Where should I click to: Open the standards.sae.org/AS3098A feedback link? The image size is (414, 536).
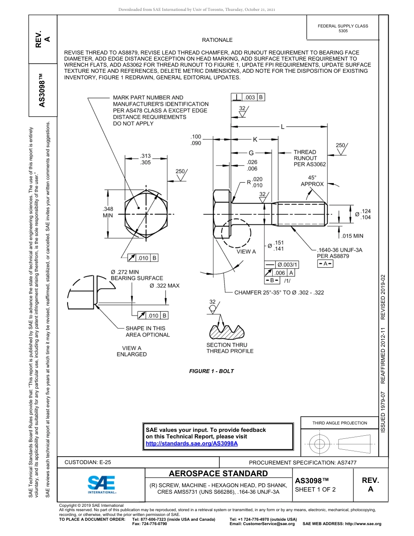pyautogui.click(x=191, y=443)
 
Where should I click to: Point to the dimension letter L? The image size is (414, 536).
pyautogui.click(x=282, y=127)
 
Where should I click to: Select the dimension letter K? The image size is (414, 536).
pyautogui.click(x=255, y=139)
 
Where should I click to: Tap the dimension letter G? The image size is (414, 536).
pyautogui.click(x=251, y=153)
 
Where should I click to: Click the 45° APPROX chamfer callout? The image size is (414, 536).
pyautogui.click(x=312, y=181)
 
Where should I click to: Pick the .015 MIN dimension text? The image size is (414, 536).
pyautogui.click(x=352, y=236)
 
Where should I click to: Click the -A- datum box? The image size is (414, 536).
pyautogui.click(x=325, y=264)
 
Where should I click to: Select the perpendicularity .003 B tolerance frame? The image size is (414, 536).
pyautogui.click(x=248, y=98)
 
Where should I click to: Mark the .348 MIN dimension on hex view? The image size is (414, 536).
pyautogui.click(x=108, y=212)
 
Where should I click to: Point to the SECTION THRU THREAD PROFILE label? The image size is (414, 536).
pyautogui.click(x=230, y=348)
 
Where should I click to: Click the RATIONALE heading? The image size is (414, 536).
pyautogui.click(x=217, y=40)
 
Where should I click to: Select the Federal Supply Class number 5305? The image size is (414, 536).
pyautogui.click(x=343, y=31)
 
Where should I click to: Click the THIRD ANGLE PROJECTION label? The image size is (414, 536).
pyautogui.click(x=339, y=423)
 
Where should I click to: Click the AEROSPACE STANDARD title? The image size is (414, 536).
pyautogui.click(x=218, y=474)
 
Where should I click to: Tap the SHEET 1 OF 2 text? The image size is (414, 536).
pyautogui.click(x=315, y=489)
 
